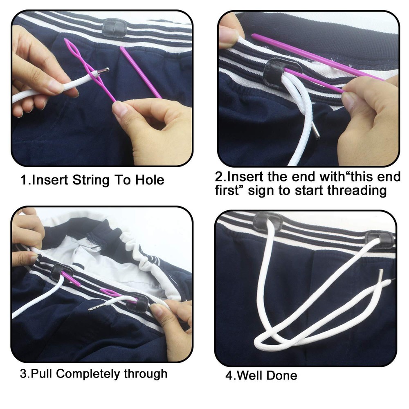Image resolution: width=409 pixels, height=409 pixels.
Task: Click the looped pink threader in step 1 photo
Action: [82, 61]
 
